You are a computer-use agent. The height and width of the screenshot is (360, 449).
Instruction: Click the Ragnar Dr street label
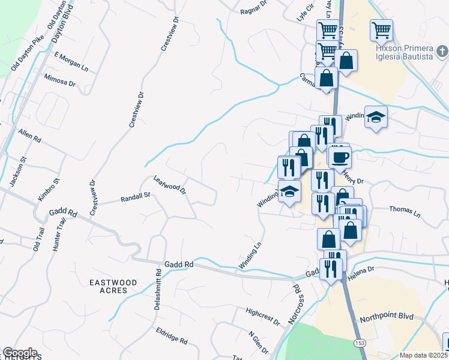[253, 8]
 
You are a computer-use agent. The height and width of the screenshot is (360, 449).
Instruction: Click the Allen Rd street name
[29, 135]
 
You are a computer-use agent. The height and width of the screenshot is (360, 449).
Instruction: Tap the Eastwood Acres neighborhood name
[113, 286]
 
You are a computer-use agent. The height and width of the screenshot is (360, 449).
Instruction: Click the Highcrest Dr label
[263, 316]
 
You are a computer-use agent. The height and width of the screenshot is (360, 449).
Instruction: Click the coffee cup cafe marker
[340, 157]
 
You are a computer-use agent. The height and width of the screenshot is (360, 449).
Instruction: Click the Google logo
[19, 353]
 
